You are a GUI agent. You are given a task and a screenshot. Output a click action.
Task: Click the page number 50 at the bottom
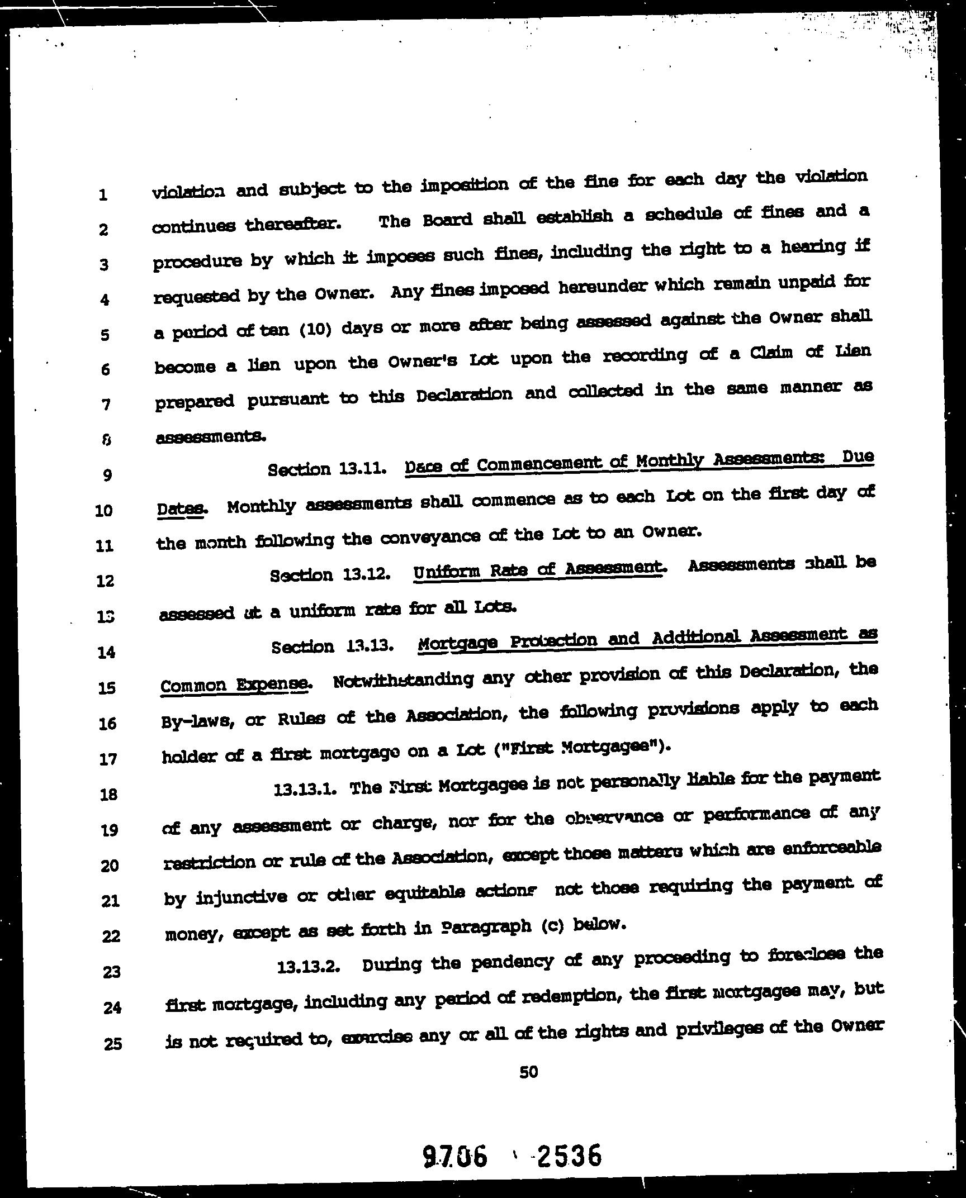pos(528,1071)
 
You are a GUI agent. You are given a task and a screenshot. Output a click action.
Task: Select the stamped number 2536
pos(569,1154)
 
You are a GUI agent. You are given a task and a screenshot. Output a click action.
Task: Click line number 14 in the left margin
pos(106,652)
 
